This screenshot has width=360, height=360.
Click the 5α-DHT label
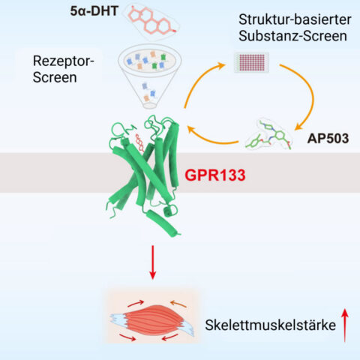pyautogui.click(x=94, y=11)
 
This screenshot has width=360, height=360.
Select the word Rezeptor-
pyautogui.click(x=63, y=61)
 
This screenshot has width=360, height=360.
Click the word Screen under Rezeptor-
pyautogui.click(x=55, y=77)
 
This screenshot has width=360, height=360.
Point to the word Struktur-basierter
pyautogui.click(x=295, y=19)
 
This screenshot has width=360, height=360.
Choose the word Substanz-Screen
pyautogui.click(x=292, y=36)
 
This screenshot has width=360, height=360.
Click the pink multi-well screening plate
pyautogui.click(x=251, y=62)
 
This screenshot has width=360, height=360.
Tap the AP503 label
pyautogui.click(x=328, y=138)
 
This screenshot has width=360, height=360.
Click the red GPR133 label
pyautogui.click(x=215, y=175)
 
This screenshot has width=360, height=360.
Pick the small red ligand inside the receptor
pyautogui.click(x=139, y=142)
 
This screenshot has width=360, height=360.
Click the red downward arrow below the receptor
pyautogui.click(x=152, y=262)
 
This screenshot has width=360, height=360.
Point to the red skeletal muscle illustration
pyautogui.click(x=152, y=321)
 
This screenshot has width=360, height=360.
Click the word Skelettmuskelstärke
pyautogui.click(x=271, y=325)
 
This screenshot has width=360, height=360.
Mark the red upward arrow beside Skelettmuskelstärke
pyautogui.click(x=345, y=325)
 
